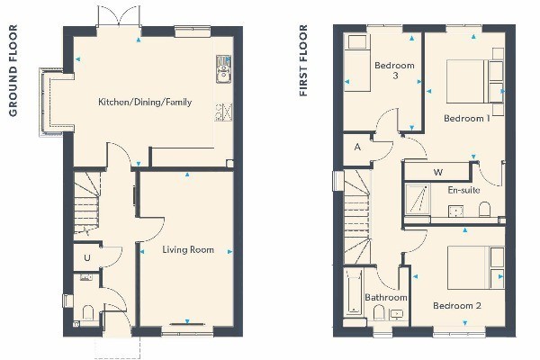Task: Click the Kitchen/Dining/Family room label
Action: (145, 102)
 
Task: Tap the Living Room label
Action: (188, 249)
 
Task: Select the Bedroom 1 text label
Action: (466, 119)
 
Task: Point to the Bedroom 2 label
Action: (457, 306)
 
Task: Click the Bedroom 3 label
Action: (394, 70)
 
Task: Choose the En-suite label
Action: (463, 190)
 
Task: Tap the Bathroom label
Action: (386, 297)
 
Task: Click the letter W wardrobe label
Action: (438, 172)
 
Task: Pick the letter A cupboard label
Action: (357, 147)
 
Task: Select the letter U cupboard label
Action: (87, 257)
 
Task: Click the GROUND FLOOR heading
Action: (13, 70)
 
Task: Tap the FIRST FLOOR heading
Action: (303, 60)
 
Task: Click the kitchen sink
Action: (223, 69)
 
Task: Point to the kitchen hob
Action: (223, 112)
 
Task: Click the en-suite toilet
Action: (484, 209)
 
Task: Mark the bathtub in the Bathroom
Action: (354, 292)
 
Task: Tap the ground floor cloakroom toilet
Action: (88, 312)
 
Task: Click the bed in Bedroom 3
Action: (357, 62)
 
